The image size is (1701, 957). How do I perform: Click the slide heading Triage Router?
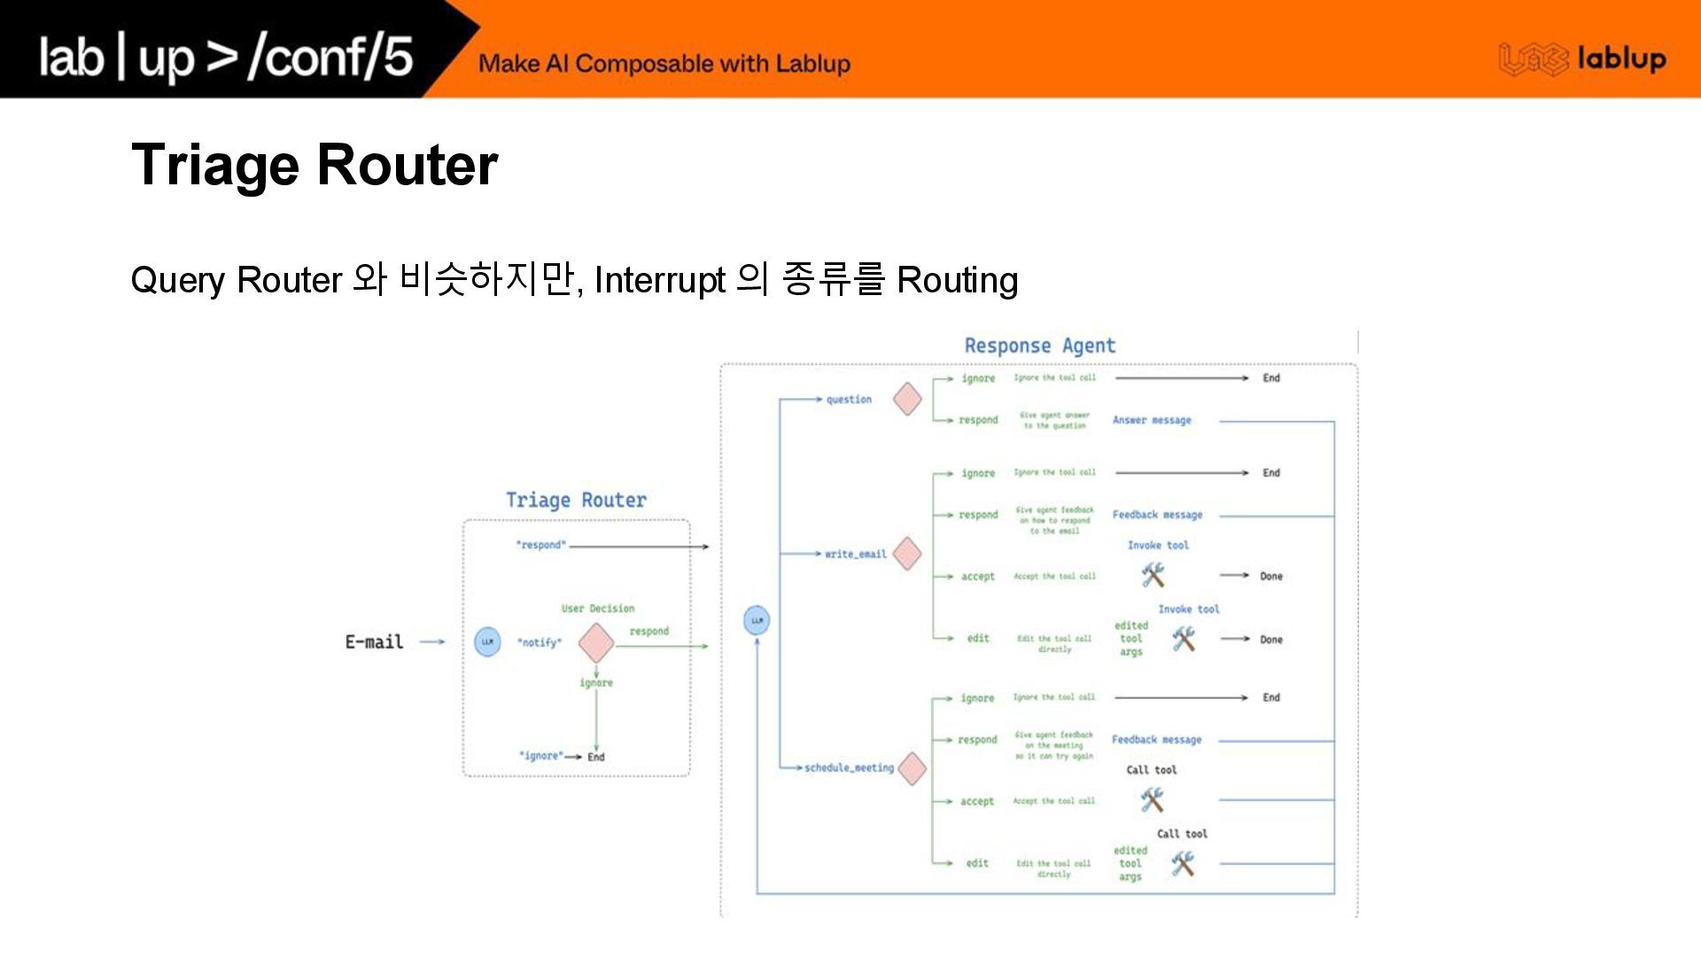coord(315,165)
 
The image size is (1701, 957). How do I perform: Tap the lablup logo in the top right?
coord(1582,59)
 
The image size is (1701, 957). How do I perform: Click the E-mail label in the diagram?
coord(374,642)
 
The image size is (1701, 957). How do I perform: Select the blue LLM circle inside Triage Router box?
coord(487,642)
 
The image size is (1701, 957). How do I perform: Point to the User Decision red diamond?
coord(596,642)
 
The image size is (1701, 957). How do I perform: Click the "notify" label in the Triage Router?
coord(540,642)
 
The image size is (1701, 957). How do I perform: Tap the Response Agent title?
coord(1039,346)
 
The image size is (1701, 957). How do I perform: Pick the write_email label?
coord(855,554)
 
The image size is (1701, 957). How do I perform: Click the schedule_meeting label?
coord(849,767)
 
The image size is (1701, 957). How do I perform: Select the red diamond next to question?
coord(907,399)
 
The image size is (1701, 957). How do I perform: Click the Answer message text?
coord(1152,420)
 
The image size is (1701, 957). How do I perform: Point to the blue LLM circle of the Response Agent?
coord(757,620)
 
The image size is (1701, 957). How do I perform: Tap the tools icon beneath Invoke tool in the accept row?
coord(1153,575)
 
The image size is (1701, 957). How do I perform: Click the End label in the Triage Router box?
coord(596,757)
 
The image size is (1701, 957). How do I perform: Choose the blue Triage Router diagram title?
coord(576,500)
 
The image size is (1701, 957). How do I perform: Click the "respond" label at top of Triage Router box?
coord(540,545)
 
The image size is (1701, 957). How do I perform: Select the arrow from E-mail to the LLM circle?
coord(431,642)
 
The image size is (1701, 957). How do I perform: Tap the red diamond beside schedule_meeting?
coord(912,767)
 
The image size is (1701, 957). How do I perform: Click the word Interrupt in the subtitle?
coord(659,280)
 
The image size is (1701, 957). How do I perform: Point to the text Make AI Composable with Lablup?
coord(664,64)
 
